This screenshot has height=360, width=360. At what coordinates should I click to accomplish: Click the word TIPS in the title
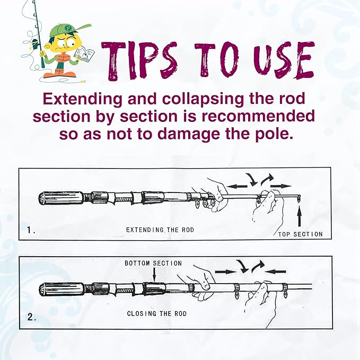(139, 61)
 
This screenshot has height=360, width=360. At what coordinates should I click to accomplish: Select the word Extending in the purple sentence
(82, 100)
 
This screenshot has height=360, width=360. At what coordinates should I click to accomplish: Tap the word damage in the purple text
(190, 134)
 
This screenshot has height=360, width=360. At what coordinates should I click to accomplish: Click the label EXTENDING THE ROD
(160, 230)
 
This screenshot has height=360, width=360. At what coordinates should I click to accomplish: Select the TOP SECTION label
(300, 234)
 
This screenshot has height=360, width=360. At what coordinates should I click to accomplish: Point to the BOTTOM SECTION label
(153, 263)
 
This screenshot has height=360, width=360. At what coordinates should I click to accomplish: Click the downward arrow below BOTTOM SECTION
(154, 274)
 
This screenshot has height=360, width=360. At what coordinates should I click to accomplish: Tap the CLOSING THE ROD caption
(157, 313)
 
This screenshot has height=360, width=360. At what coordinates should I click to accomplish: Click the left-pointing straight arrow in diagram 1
(238, 186)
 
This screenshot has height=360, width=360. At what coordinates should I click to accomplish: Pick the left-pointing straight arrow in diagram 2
(276, 272)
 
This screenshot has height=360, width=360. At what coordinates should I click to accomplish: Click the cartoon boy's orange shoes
(60, 74)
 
